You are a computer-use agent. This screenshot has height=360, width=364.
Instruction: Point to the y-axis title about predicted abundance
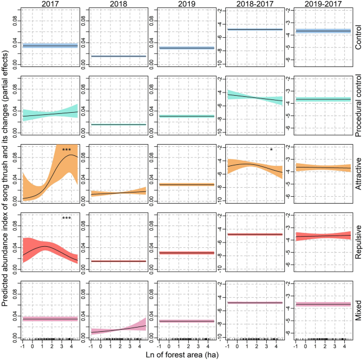coord(5,175)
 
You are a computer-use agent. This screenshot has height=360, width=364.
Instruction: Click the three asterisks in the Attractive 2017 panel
coord(66,150)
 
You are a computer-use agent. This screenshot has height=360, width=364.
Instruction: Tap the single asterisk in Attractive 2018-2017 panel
coord(272,150)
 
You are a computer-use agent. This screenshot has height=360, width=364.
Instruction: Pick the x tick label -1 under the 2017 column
coord(22,345)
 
